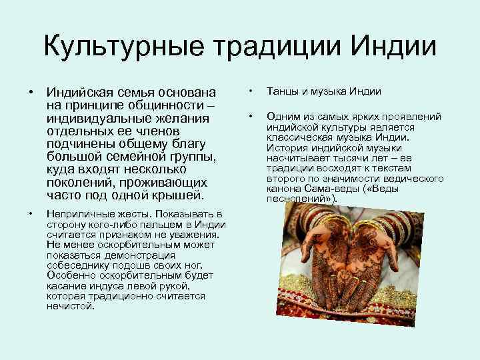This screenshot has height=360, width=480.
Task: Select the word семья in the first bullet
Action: pyautogui.click(x=133, y=93)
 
